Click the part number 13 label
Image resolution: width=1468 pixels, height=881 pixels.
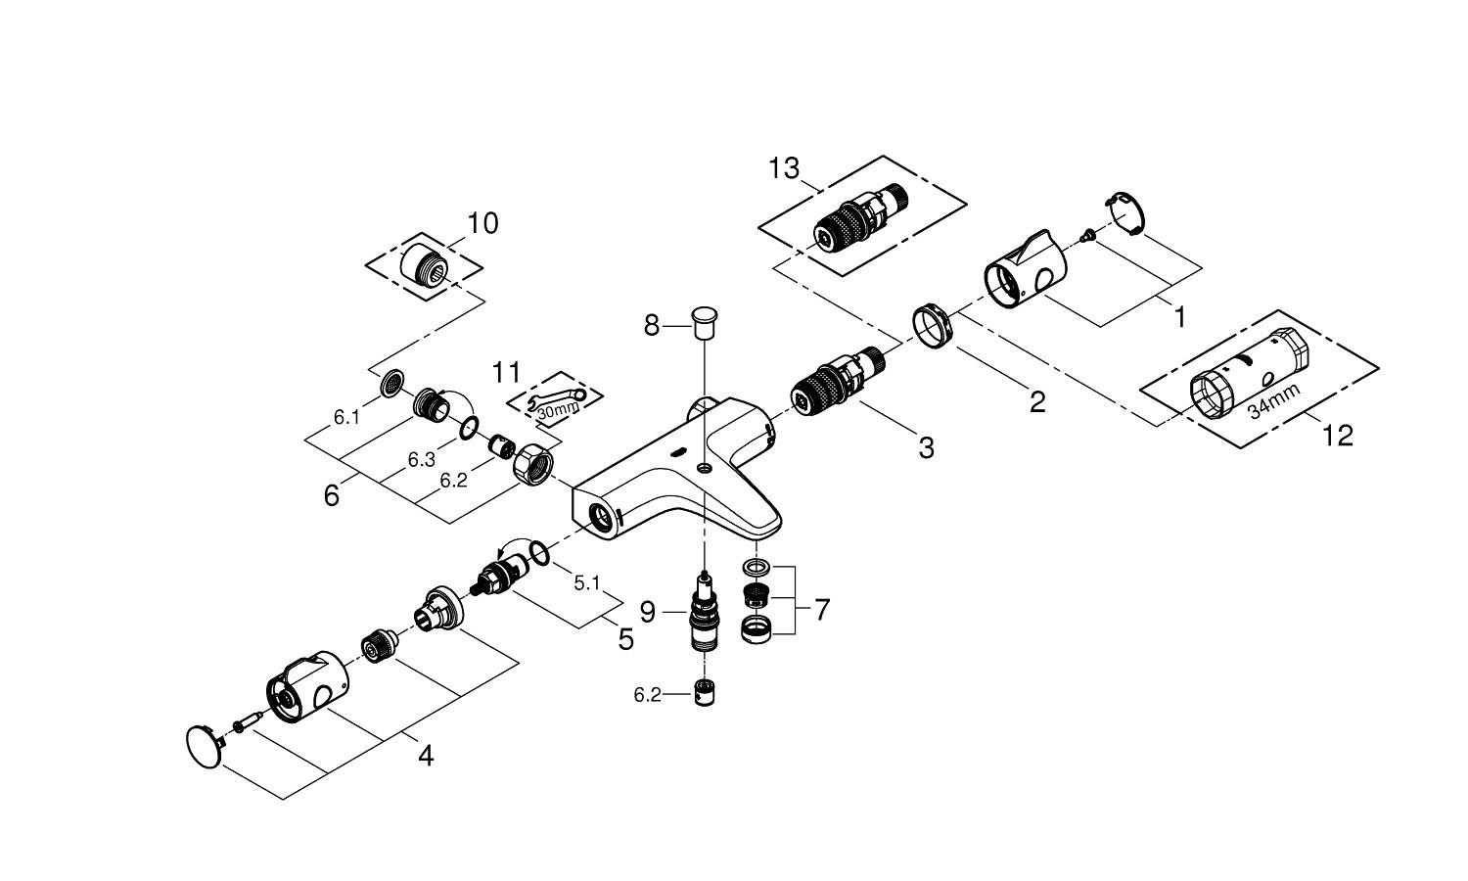pos(784,168)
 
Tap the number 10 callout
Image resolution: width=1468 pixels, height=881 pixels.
pos(482,223)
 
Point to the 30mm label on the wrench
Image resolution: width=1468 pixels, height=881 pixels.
pos(557,411)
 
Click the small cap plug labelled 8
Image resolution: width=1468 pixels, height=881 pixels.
pos(704,319)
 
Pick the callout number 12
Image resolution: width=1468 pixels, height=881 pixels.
pos(1337,435)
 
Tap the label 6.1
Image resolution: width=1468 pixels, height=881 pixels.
pos(346,417)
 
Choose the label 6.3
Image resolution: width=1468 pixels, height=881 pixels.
pos(422,460)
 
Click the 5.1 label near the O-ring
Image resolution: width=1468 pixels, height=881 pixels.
pos(586,583)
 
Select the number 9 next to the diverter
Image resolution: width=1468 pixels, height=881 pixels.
pos(648,613)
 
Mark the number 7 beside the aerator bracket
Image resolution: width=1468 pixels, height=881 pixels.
pos(821,610)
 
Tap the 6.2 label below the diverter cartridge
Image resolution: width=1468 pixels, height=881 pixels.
pos(648,695)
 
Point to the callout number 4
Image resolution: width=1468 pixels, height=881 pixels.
pos(425,755)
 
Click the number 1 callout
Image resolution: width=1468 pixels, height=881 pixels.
pos(1179,316)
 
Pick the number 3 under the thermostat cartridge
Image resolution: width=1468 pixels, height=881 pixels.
pos(926,448)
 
